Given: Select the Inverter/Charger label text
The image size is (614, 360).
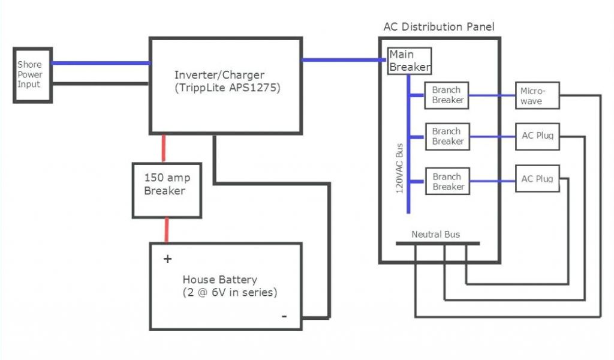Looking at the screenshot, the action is tap(219, 75).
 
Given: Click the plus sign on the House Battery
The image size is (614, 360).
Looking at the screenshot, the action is tap(168, 259).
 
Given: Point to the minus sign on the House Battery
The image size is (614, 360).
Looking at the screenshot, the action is tap(284, 316).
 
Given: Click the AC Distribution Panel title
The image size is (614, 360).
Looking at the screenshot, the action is tap(439, 26).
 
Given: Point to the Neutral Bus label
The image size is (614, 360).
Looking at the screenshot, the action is tap(435, 234).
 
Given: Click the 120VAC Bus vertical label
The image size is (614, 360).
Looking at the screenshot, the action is tap(399, 168).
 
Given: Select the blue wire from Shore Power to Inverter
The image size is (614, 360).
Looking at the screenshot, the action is tap(101, 63).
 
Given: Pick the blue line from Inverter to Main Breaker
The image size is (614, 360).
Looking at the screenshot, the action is tap(344, 60).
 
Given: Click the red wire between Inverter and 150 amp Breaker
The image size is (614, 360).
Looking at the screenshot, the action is tap(164, 148).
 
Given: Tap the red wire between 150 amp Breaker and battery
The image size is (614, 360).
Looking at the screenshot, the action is tap(167, 230).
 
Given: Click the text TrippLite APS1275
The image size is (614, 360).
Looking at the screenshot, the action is tap(227, 88).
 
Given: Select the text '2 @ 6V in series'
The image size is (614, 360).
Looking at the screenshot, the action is tap(230, 292).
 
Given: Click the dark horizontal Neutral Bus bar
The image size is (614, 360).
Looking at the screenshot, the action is tap(438, 243).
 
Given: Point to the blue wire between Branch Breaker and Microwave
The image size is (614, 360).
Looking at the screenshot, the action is tap(492, 95).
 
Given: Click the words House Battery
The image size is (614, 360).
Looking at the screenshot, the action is tap(219, 280).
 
